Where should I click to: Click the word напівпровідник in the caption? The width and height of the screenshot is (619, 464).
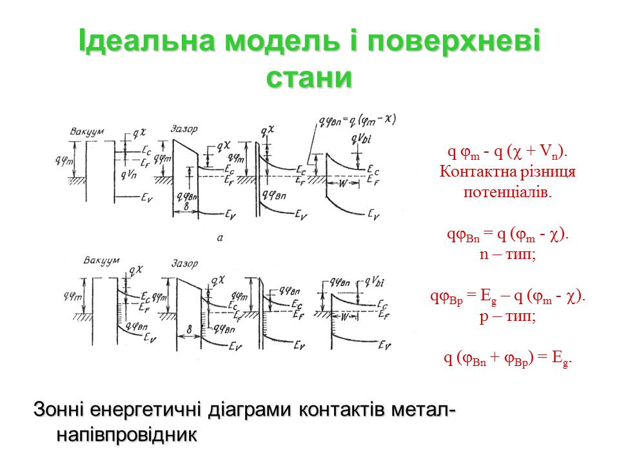(x=126, y=434)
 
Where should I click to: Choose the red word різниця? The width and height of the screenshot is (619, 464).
(x=543, y=172)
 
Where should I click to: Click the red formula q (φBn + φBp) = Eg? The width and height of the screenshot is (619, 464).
(x=508, y=359)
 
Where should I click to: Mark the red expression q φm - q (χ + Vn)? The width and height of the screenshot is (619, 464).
(x=508, y=152)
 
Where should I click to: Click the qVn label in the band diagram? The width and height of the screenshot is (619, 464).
(x=128, y=174)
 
